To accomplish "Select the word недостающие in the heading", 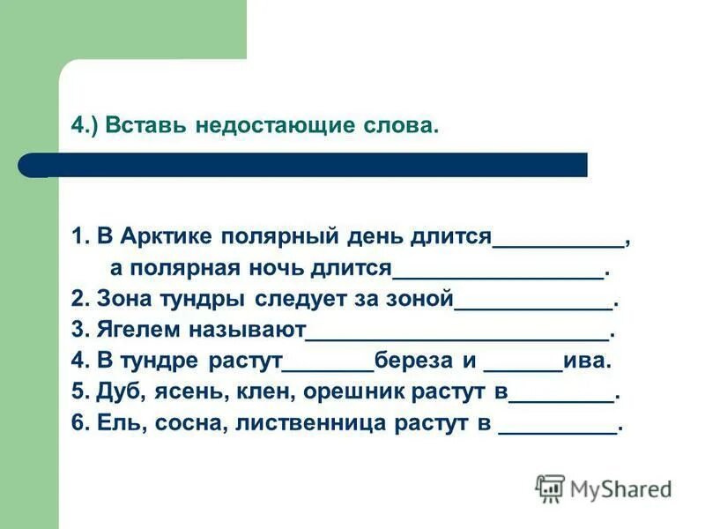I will (259, 126).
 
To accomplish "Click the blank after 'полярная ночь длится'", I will (498, 272).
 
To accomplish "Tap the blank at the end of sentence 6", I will (557, 429).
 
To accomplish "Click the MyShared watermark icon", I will (550, 488).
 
